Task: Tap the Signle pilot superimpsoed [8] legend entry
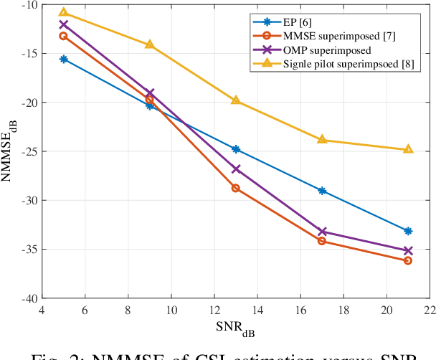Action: [333, 65]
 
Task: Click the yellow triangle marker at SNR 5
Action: [63, 12]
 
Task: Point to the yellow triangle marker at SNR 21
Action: [408, 149]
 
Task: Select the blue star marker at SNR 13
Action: [236, 149]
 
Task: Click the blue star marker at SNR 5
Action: [63, 59]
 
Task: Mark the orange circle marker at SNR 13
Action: [236, 188]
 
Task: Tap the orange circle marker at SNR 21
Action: [408, 260]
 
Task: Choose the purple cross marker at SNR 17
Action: [322, 232]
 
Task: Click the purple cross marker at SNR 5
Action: [63, 24]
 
